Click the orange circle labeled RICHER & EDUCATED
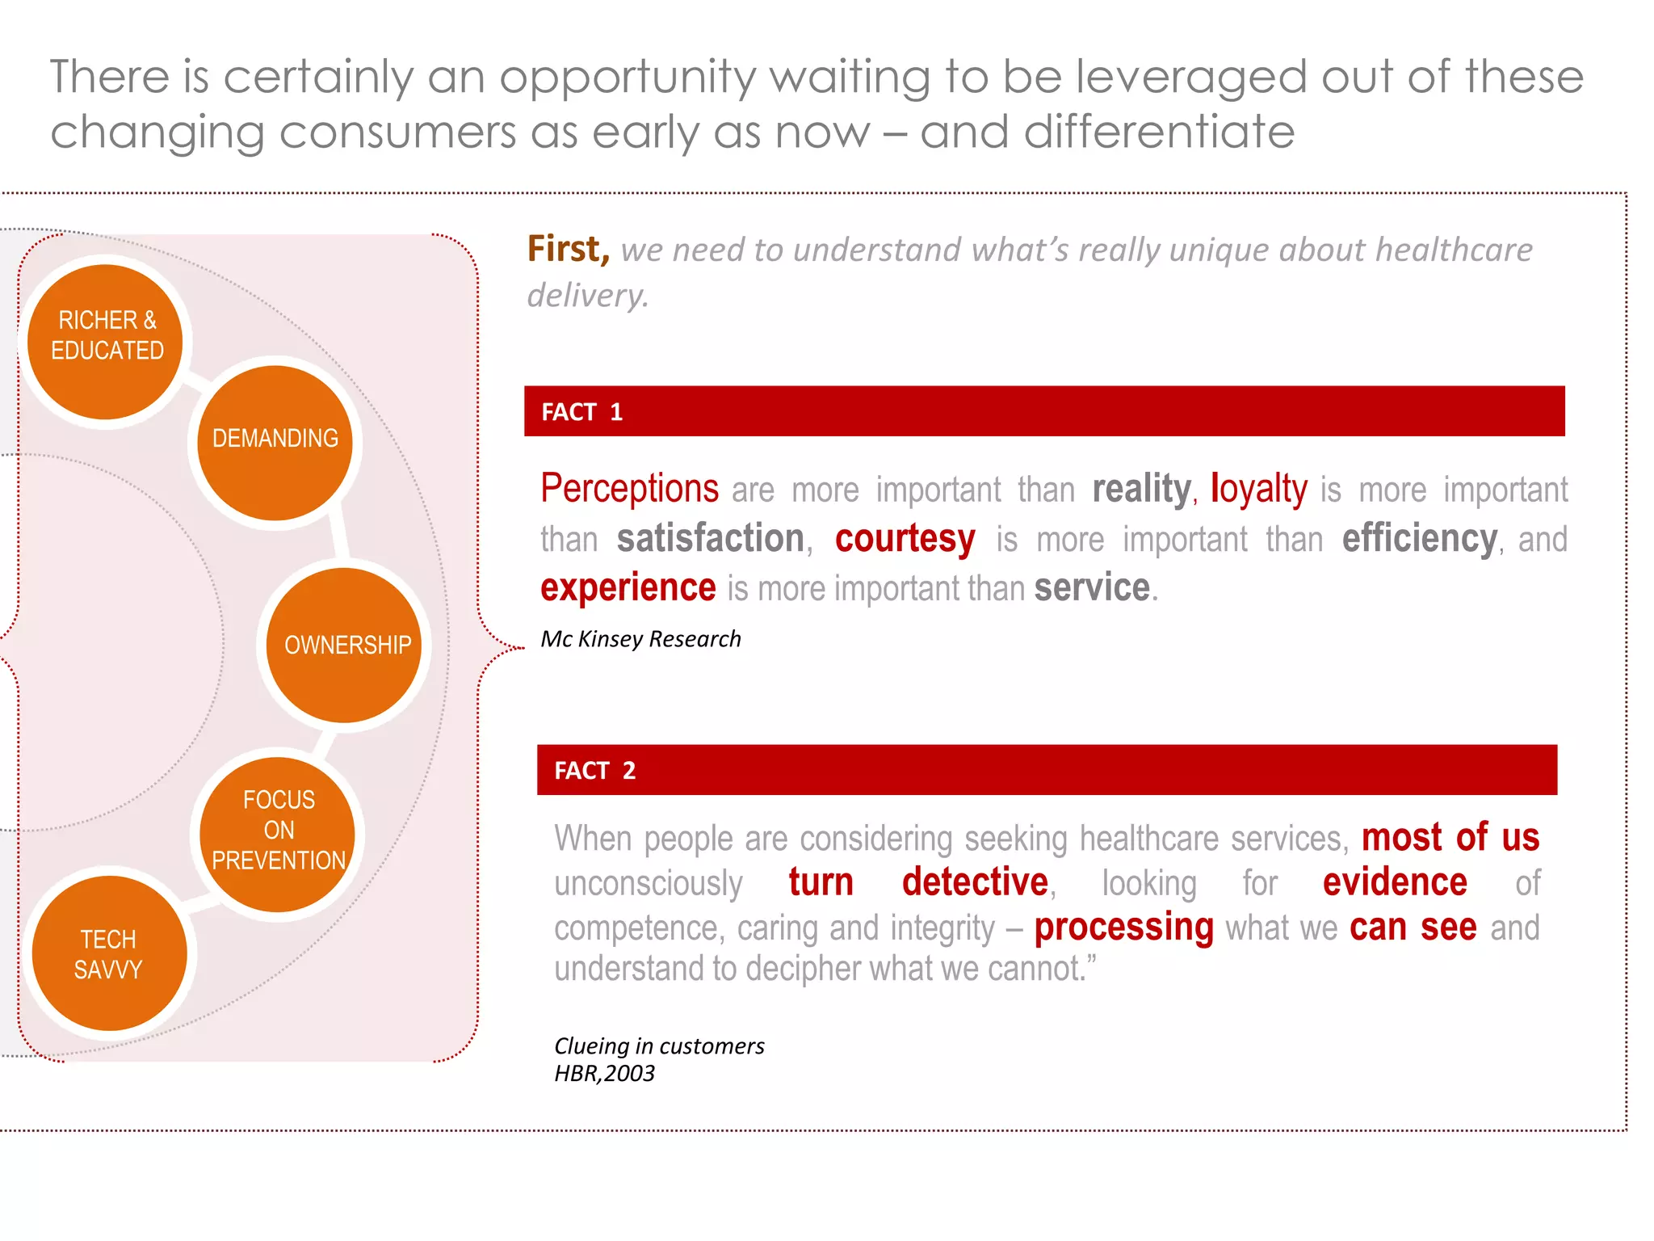(106, 342)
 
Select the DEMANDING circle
(275, 443)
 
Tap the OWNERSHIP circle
(345, 645)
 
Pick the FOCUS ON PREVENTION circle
(278, 834)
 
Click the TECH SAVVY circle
(109, 953)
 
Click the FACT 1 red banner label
(581, 412)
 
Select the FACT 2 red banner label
(594, 771)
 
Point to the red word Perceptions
(629, 489)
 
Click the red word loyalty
(1258, 489)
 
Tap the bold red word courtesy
(905, 539)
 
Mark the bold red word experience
(628, 587)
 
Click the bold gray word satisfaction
(711, 539)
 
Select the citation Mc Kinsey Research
(640, 639)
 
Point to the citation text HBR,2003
(604, 1074)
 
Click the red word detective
(975, 881)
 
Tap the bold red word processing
(1123, 927)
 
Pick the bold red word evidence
(1395, 881)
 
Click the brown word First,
(568, 249)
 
